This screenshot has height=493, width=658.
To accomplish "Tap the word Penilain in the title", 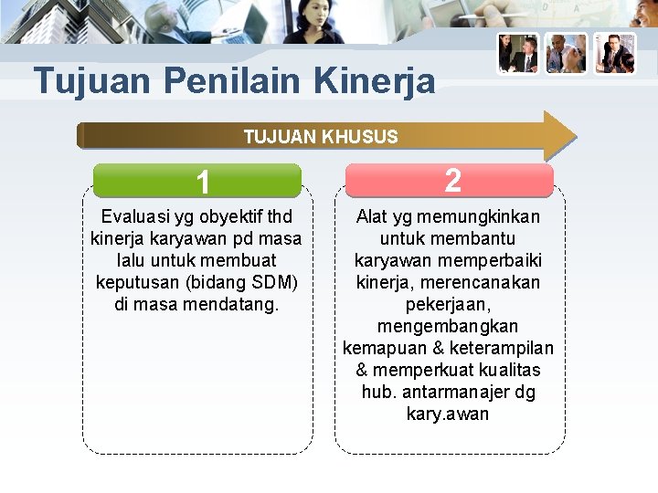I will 233,81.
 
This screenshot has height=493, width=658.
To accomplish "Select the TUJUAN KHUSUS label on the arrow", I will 321,137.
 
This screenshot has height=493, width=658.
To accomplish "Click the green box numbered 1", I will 197,182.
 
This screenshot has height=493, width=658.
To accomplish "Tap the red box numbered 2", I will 450,180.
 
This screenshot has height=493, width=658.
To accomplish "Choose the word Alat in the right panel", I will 372,216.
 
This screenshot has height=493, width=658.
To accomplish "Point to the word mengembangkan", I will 448,326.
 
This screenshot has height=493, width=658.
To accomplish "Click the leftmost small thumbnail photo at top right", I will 518,54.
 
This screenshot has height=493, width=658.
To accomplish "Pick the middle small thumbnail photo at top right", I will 566,54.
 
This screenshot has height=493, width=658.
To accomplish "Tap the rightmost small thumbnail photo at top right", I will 614,54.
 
